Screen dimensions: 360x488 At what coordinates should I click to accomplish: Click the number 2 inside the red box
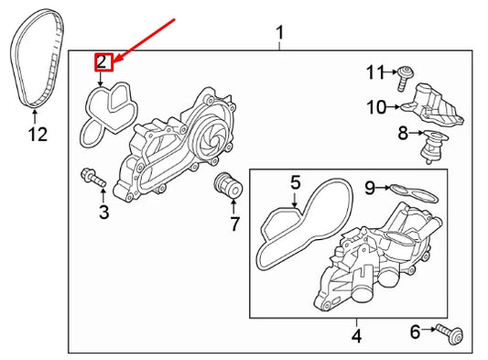coord(103,62)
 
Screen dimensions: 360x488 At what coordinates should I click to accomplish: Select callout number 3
coord(103,213)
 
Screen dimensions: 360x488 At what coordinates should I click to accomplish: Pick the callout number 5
coord(295,183)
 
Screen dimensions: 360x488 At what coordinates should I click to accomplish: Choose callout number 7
coord(234,224)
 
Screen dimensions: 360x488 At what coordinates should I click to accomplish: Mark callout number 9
coord(369,189)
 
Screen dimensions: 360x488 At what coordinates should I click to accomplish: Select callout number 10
coord(376,107)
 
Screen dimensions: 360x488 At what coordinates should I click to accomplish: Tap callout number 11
coord(376,72)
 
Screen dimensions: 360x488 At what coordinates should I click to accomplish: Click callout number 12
coord(36,136)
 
